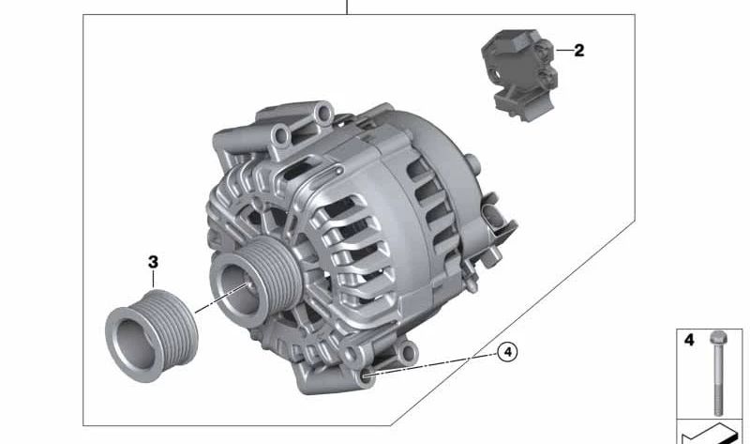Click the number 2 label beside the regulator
(578, 51)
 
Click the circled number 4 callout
(505, 352)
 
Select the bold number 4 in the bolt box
(689, 341)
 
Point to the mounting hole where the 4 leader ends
(367, 378)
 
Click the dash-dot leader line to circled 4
(431, 365)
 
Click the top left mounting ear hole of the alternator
(278, 141)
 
